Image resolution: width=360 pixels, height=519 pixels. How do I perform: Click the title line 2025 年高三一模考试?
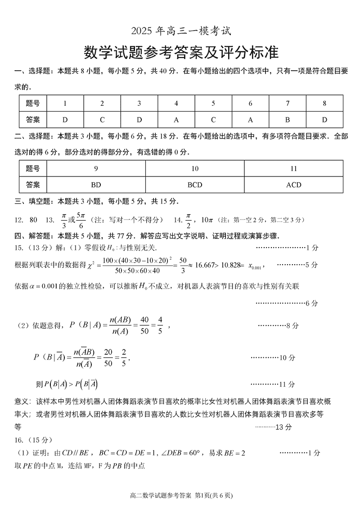(x=180, y=32)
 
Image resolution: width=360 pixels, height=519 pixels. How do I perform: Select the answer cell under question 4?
(x=176, y=120)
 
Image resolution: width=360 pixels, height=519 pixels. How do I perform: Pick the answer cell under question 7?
(x=288, y=120)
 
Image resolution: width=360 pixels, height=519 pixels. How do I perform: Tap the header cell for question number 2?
(x=102, y=104)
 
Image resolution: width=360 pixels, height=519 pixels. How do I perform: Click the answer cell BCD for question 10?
(x=195, y=185)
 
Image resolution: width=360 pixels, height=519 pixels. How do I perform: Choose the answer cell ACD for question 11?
(x=293, y=185)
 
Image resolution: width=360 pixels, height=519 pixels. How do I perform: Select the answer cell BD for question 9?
(x=96, y=185)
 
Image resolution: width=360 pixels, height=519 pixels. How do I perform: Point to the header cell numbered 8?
(x=324, y=104)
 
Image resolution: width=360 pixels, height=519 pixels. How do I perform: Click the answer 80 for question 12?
(x=33, y=220)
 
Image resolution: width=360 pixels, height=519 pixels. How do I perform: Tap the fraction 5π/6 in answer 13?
(x=81, y=220)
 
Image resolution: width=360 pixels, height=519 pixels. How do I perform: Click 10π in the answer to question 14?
(x=207, y=220)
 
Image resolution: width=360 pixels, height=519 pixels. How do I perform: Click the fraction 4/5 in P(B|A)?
(x=160, y=325)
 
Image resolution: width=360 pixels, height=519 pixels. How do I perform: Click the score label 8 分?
(x=292, y=325)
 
